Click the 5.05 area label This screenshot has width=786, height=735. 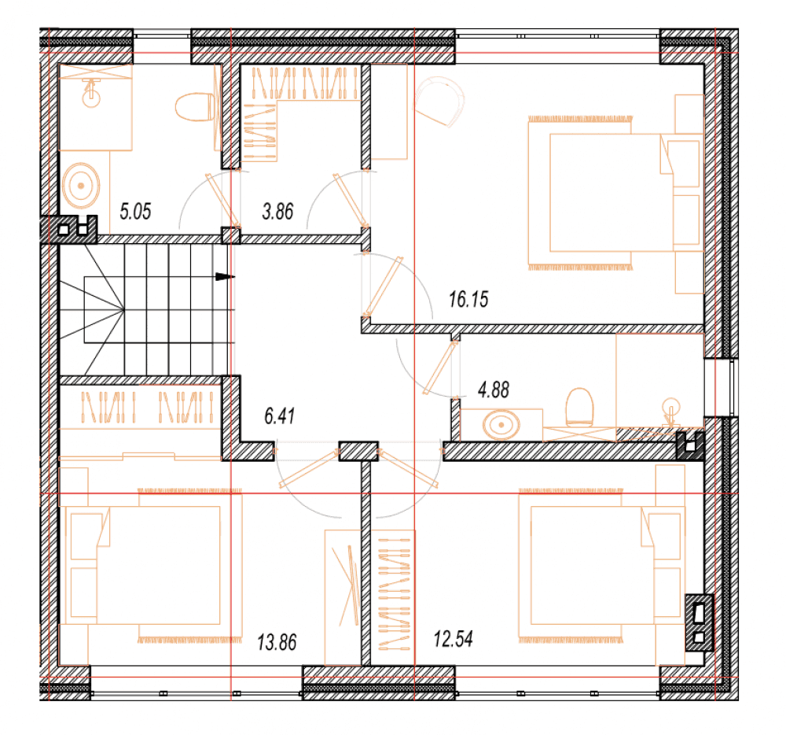[135, 211]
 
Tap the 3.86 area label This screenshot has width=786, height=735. [277, 211]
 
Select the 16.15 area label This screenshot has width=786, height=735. [468, 299]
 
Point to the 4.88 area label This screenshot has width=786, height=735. [494, 390]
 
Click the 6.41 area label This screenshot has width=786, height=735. [279, 416]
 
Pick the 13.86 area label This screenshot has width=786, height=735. [277, 642]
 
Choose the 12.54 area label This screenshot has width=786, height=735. [454, 639]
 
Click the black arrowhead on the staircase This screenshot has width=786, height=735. [225, 276]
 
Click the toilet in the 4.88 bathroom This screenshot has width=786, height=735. [579, 406]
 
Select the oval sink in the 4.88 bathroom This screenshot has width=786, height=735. [501, 425]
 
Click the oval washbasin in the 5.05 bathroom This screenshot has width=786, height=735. [81, 185]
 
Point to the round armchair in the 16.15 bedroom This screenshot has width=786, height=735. [439, 102]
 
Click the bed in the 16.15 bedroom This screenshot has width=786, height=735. [614, 192]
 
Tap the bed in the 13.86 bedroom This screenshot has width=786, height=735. [151, 566]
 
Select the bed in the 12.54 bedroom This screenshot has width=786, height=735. [601, 566]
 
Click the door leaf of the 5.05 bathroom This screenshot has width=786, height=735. [223, 200]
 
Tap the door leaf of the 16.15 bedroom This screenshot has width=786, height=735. [384, 286]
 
